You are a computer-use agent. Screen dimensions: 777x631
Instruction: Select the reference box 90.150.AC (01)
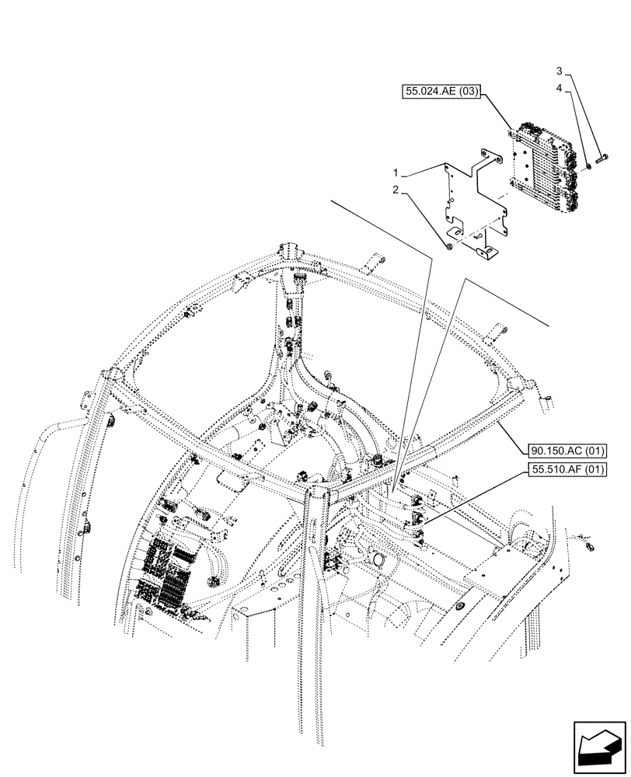coord(569,451)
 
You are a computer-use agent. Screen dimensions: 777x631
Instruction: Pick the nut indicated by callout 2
coord(450,246)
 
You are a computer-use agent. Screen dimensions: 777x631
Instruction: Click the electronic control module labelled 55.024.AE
coord(544,167)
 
